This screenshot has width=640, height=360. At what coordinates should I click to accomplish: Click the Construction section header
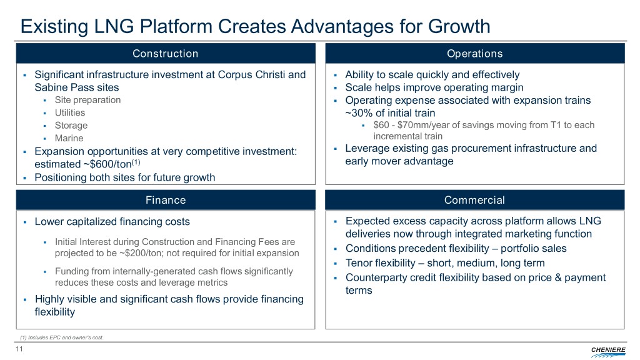coord(165,54)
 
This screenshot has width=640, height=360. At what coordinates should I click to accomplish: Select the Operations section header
coord(475,54)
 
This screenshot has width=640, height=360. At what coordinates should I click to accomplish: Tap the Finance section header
coord(165,200)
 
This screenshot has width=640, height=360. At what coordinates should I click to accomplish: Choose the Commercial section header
coord(475,200)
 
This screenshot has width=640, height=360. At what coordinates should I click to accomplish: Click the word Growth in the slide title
coord(459,26)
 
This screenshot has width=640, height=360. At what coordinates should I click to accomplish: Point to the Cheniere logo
coord(607,351)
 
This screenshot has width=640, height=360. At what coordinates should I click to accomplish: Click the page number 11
coord(19,349)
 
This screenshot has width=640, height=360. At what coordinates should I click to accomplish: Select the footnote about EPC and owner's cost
coord(62,337)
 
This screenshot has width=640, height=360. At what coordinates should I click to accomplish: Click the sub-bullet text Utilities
coord(70,112)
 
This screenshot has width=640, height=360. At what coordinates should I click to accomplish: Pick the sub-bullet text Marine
coord(69,138)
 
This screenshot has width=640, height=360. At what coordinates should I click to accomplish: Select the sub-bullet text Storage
coord(71,125)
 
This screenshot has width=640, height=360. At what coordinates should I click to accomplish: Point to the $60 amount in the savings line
coord(381,125)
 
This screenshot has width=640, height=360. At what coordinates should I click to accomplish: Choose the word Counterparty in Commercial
coord(377,277)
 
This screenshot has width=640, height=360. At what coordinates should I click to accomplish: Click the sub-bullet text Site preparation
coord(87,100)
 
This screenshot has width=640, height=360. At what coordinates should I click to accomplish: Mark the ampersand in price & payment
coord(557,277)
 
